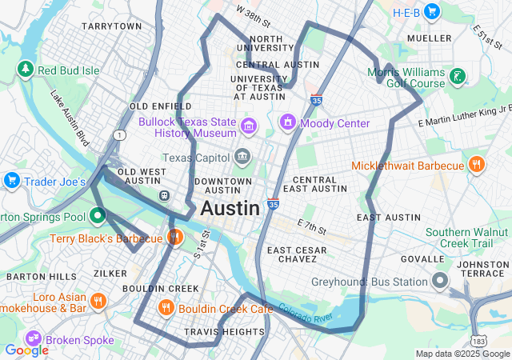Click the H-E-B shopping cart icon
[432, 10]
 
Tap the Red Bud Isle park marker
[26, 70]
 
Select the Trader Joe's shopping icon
[11, 181]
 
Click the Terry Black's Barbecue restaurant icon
[174, 238]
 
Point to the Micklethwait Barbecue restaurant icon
[477, 166]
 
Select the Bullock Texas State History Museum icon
[249, 126]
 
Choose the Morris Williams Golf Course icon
[457, 78]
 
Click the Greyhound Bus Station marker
[439, 281]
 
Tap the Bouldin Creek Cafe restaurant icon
[166, 308]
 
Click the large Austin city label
[230, 209]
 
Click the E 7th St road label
[311, 226]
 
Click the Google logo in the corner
[26, 350]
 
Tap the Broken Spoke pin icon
[34, 339]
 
